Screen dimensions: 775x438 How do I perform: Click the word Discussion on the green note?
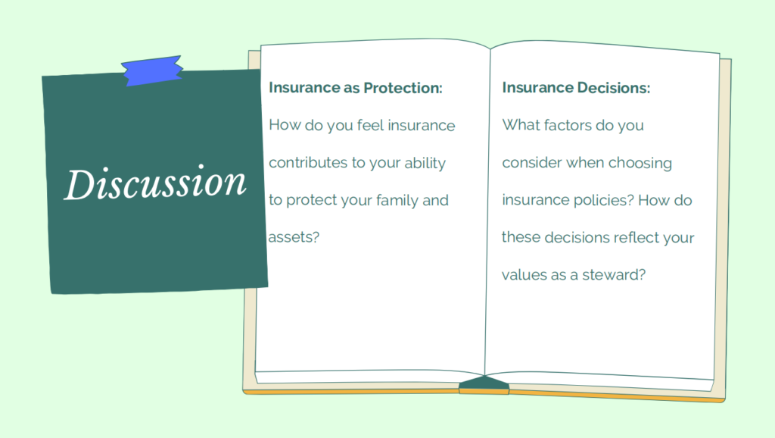155,183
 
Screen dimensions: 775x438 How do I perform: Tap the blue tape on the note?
152,70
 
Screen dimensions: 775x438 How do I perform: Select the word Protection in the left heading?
403,88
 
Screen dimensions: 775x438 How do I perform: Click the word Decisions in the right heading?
613,88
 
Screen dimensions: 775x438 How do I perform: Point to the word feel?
370,125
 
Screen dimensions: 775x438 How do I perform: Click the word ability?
425,164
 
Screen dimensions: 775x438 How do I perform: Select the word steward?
614,275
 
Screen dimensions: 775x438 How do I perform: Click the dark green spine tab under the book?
484,383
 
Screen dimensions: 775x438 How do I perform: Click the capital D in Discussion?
79,185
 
